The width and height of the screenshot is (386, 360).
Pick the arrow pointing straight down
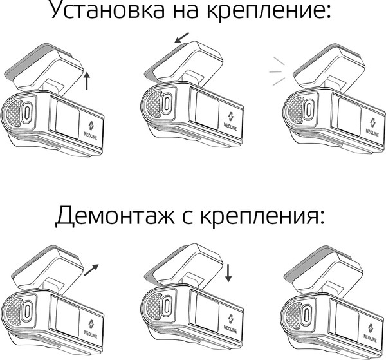pyautogui.click(x=229, y=272)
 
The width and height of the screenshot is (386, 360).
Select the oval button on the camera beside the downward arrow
pyautogui.click(x=167, y=308)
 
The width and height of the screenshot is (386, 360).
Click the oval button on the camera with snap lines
pyautogui.click(x=307, y=109)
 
